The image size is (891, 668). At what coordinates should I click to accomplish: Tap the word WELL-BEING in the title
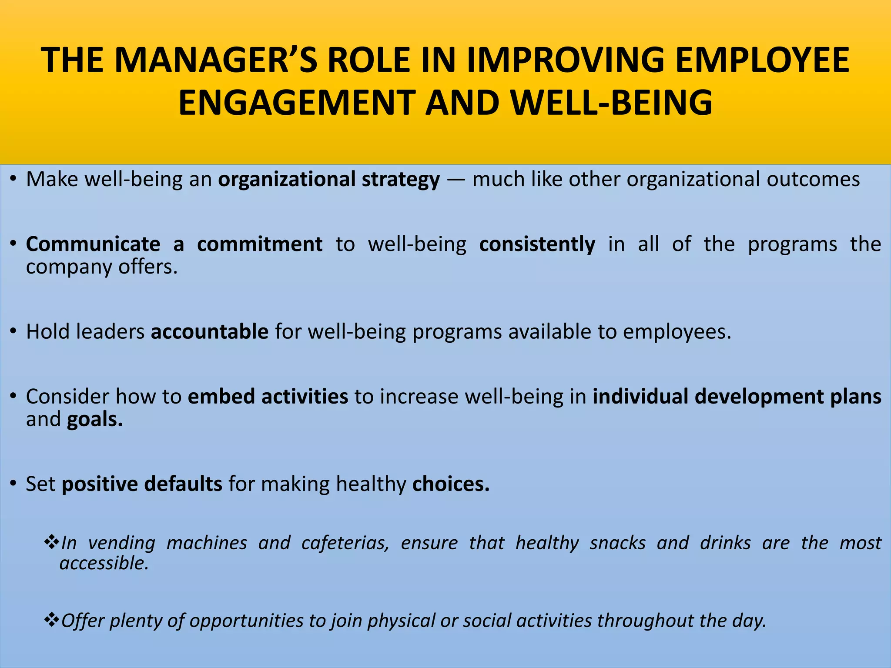pos(611,103)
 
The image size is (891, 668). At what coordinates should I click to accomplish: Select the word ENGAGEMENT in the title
pos(297,103)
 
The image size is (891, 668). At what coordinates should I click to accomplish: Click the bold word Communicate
pos(93,244)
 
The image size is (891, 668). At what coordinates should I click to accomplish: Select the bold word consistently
pos(537,244)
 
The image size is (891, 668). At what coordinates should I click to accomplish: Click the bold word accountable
pos(210,332)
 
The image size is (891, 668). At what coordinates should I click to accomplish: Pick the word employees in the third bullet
pos(677,332)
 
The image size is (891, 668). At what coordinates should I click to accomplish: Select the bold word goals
pos(95,420)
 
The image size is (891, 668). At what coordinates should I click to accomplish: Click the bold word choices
pos(451,484)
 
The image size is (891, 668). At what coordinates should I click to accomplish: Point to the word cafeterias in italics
pos(345,543)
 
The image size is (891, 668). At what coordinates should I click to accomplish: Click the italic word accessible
pos(104,563)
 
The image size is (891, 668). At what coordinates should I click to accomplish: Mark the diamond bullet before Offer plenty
pos(51,620)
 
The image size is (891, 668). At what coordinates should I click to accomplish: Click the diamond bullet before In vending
pos(51,542)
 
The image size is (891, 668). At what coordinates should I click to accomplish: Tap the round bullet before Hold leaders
pos(14,332)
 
